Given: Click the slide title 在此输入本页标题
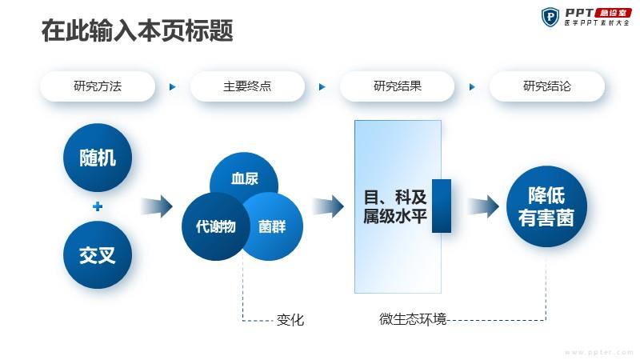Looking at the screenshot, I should click(137, 32).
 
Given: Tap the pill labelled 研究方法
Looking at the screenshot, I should click(98, 86).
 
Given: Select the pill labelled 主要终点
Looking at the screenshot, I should click(247, 86).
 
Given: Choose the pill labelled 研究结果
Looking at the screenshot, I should click(397, 86).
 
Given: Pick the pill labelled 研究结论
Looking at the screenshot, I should click(547, 86).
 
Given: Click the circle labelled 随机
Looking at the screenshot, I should click(98, 158).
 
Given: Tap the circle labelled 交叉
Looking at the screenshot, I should click(98, 255).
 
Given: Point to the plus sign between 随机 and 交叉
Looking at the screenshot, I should click(98, 206).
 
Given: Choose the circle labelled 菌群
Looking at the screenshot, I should click(270, 226).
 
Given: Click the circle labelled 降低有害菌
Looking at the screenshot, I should click(546, 206).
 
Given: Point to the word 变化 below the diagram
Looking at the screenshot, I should click(290, 320).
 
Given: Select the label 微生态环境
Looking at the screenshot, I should click(413, 319).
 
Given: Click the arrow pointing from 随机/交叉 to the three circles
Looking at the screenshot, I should click(157, 206).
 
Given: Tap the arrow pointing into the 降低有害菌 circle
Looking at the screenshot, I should click(482, 206).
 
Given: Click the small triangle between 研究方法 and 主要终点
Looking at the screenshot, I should click(172, 86).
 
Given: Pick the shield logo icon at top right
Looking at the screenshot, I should click(550, 17).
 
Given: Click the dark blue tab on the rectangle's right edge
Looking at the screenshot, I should click(442, 206).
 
